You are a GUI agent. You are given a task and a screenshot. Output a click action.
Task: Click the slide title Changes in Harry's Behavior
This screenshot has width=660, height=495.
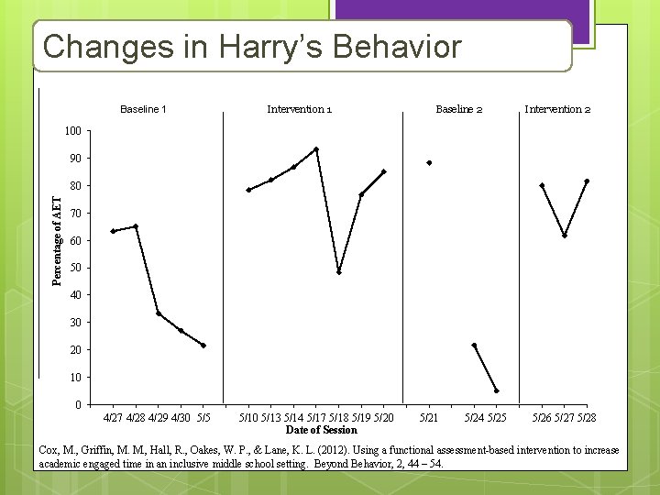point(252,46)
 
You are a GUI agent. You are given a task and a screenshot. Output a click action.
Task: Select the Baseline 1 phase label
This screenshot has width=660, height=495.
point(143,109)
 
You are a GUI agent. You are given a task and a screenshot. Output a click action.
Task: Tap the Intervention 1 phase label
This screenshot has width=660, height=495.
point(299,109)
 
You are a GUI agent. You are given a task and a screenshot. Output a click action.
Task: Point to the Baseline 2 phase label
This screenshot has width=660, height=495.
point(458,109)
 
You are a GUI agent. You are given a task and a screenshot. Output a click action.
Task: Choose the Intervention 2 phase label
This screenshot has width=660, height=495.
point(556,109)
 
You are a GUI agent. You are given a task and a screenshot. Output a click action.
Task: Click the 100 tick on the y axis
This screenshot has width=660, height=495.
point(73,131)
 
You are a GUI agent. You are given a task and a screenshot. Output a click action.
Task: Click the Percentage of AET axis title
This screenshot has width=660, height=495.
point(57,241)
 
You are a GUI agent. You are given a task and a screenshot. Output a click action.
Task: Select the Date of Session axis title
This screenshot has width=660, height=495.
point(321,430)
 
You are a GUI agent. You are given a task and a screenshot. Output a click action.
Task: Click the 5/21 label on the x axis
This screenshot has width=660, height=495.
point(428,418)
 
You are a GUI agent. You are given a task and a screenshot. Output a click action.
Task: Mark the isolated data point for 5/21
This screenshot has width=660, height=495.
point(429,163)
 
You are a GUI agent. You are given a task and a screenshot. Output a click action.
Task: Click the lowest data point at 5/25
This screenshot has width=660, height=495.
point(497,391)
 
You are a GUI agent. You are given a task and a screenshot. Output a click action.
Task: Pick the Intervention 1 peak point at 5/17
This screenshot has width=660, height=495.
point(316,148)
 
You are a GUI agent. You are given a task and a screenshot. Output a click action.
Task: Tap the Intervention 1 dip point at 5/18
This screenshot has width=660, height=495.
point(339,272)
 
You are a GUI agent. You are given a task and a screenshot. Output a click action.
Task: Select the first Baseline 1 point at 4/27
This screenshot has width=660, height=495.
point(113,231)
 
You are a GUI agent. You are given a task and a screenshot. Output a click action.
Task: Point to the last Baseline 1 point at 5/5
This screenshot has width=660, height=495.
point(203,346)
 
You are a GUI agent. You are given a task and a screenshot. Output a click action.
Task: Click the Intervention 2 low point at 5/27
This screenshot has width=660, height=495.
point(565,236)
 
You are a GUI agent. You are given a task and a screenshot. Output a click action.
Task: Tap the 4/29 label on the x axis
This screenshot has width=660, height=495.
point(158,418)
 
